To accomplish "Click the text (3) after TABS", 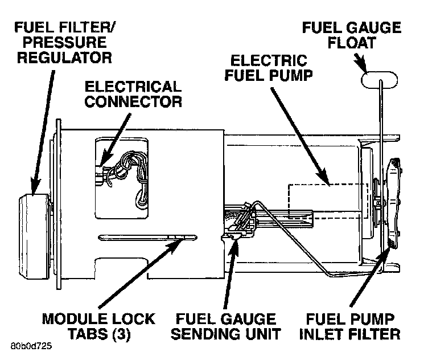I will (x=119, y=334).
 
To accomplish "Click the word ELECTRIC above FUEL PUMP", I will (x=268, y=60).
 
